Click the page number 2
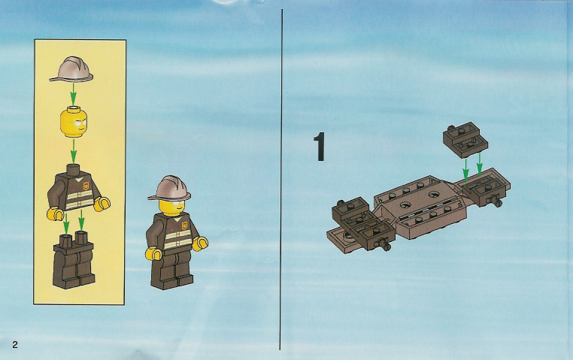[x=15, y=344]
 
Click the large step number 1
[x=320, y=147]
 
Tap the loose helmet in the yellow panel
[x=71, y=68]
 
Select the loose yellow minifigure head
[x=74, y=121]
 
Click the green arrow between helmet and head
[x=73, y=93]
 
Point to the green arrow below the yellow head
[x=74, y=151]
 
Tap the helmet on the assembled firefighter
[x=169, y=188]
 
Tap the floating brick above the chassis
[x=465, y=140]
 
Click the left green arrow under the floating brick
[x=465, y=169]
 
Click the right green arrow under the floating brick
[x=480, y=164]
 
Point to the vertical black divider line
[x=281, y=180]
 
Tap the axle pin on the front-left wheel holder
[x=385, y=244]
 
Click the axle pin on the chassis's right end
[x=496, y=201]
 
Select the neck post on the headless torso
[x=74, y=169]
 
